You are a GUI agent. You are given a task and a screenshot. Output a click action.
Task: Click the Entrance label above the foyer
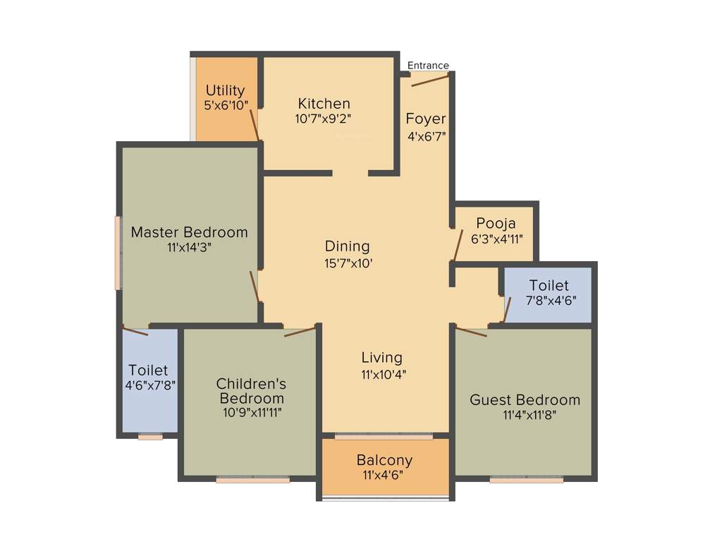428,66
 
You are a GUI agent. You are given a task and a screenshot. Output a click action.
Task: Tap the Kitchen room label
324,104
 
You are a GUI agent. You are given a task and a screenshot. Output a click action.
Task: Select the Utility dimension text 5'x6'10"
226,104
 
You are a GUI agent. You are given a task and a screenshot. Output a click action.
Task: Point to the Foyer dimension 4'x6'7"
427,136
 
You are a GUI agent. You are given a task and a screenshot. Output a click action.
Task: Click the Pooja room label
496,224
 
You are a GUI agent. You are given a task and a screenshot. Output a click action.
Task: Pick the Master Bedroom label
190,232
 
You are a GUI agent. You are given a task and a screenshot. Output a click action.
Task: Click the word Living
381,357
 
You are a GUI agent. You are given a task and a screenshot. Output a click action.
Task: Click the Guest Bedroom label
525,400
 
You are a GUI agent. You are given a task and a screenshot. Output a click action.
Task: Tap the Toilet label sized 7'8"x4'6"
549,285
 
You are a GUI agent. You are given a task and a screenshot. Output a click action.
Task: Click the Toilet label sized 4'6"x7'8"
148,370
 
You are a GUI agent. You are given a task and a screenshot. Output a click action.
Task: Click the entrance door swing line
429,81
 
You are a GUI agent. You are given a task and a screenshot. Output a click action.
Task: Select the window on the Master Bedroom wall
118,253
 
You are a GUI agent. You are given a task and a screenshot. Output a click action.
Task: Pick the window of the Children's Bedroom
252,480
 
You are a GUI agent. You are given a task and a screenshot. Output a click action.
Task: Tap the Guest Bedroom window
526,480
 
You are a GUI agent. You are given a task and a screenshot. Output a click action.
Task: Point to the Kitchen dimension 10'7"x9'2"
324,119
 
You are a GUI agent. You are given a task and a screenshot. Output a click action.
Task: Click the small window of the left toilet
150,438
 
